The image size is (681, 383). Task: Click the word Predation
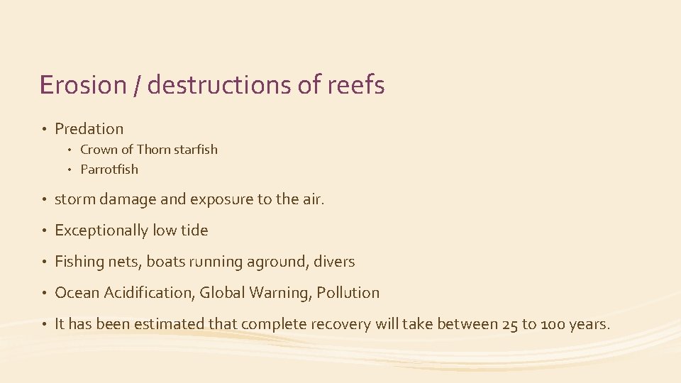(89, 129)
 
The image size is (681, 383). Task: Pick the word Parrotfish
(109, 170)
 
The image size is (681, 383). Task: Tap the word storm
(74, 199)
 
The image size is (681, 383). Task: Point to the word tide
(194, 231)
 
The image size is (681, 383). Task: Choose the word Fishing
(79, 262)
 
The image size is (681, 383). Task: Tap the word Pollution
(348, 293)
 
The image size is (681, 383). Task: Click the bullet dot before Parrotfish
(72, 170)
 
